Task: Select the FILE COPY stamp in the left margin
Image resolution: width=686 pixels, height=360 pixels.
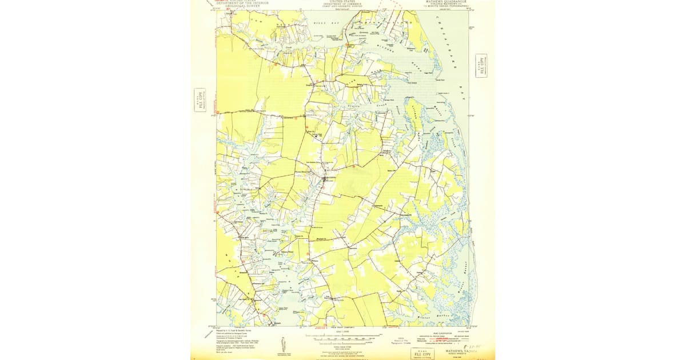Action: (x=200, y=101)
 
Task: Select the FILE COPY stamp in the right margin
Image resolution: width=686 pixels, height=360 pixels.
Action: (x=481, y=65)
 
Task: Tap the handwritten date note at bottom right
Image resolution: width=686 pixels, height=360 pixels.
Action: (x=473, y=346)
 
